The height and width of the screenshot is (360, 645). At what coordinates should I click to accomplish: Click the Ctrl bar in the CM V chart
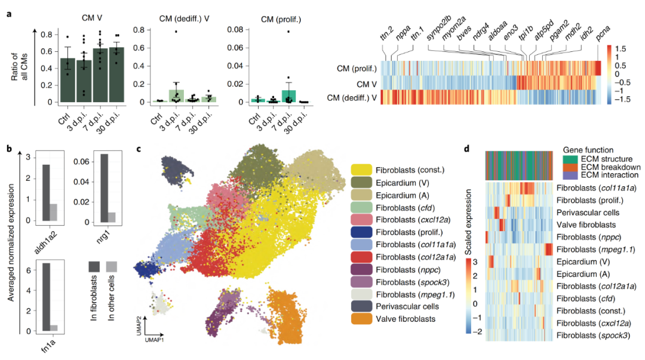(70, 80)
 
